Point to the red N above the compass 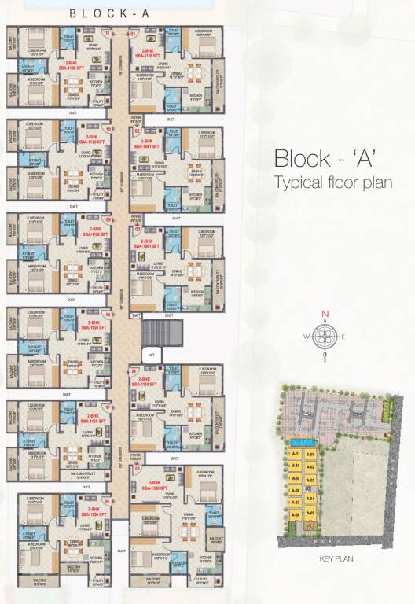coord(324,316)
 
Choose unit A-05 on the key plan coord(310,512)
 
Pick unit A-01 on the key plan coord(310,454)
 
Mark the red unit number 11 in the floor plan coord(108,35)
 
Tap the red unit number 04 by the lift coord(134,371)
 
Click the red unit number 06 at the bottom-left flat coord(107,499)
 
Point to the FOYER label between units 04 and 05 coord(136,454)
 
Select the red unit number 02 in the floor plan coord(135,131)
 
